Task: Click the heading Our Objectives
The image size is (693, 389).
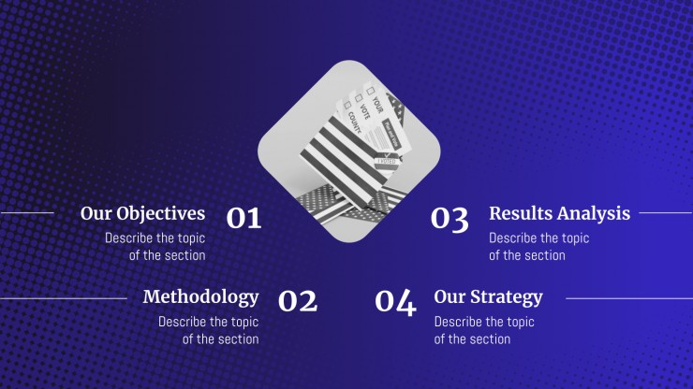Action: point(142,214)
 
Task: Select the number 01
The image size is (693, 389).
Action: point(244,218)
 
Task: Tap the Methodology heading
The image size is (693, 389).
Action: point(201,297)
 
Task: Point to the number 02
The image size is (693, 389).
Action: point(298,301)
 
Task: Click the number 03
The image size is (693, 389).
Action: point(450,219)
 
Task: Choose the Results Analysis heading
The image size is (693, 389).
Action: point(559,214)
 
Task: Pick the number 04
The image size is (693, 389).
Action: point(395,302)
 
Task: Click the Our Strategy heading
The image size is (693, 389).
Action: point(488,297)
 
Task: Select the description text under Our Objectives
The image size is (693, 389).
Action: point(155,246)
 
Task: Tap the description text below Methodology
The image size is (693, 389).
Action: point(209,330)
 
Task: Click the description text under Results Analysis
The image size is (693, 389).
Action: point(539,246)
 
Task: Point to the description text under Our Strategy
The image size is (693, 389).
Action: point(484,330)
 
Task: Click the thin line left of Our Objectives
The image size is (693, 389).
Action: point(27,213)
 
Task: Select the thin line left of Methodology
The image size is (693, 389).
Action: point(64,298)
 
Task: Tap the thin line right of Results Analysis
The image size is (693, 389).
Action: point(666,213)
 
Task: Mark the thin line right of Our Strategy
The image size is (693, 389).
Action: point(629,298)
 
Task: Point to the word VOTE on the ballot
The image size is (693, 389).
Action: point(365,112)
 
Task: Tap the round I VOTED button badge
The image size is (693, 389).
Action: point(387,162)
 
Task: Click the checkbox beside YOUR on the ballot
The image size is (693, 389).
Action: point(370,91)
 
